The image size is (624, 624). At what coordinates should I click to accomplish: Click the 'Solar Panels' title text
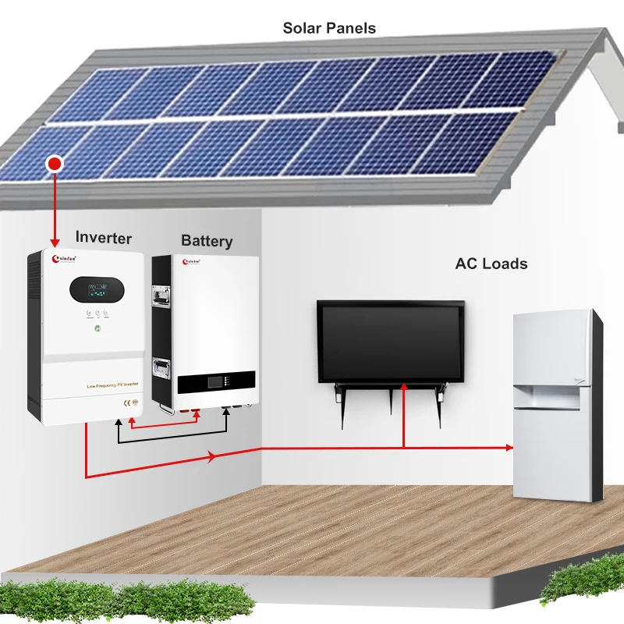coord(329,29)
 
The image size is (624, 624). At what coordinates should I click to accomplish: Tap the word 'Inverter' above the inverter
coord(104,238)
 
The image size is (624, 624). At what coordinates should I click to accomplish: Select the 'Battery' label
coord(207,241)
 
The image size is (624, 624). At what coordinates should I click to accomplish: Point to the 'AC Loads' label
coord(491,264)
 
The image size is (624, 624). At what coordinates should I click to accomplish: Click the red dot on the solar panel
coord(55,164)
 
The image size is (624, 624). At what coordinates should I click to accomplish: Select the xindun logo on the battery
coord(197,262)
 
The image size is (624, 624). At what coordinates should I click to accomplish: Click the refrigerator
coord(556,406)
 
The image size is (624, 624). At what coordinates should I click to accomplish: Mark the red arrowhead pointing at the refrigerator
coord(509,447)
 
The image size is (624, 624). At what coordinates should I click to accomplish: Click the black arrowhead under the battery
coord(226,409)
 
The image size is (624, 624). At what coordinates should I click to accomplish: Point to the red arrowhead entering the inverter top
coord(55,243)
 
